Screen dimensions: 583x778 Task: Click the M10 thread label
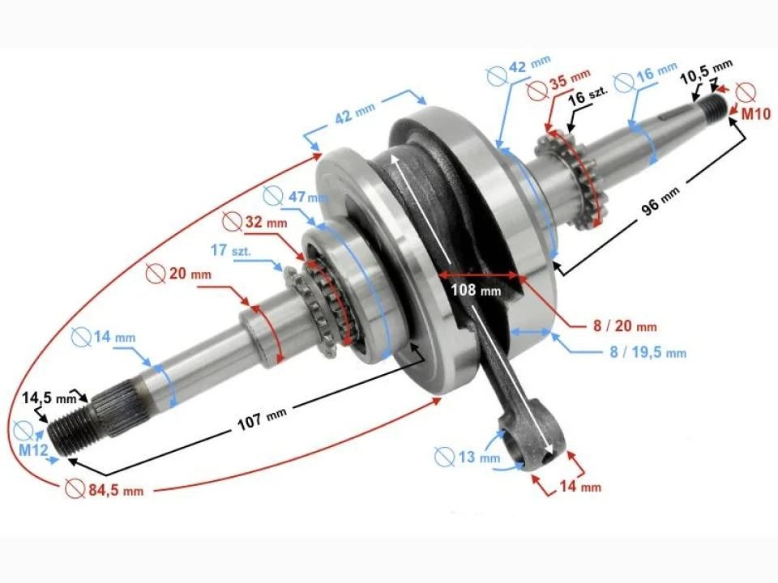(x=755, y=115)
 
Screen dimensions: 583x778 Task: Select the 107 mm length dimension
(x=262, y=422)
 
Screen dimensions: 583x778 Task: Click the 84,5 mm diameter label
(x=113, y=490)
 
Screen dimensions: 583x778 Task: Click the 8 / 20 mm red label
(x=624, y=326)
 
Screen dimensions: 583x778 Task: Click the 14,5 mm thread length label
(x=49, y=398)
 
